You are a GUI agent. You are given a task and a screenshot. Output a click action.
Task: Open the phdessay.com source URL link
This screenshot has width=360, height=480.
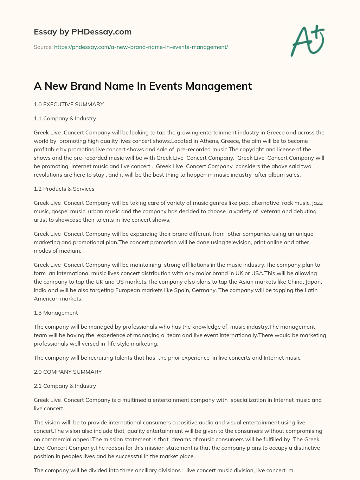click(141, 47)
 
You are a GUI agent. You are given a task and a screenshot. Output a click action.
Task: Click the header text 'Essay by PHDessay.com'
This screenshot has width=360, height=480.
click(83, 32)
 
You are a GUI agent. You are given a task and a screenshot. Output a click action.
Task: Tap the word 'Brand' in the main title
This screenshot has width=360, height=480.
click(88, 86)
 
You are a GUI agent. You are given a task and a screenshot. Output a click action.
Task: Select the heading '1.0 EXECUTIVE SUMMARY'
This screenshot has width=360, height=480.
click(69, 105)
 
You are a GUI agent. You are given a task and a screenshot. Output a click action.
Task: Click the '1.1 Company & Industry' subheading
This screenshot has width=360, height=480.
click(65, 119)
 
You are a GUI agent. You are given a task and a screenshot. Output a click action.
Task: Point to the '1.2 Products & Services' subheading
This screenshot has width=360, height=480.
click(64, 189)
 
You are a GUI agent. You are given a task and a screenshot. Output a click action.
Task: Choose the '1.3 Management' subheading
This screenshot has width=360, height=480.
click(56, 313)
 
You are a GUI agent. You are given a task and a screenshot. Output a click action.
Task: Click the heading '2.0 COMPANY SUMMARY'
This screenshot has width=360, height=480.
click(67, 372)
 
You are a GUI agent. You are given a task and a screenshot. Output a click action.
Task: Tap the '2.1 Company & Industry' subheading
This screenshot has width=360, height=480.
click(65, 386)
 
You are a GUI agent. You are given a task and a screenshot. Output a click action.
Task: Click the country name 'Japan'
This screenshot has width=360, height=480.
click(314, 282)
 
